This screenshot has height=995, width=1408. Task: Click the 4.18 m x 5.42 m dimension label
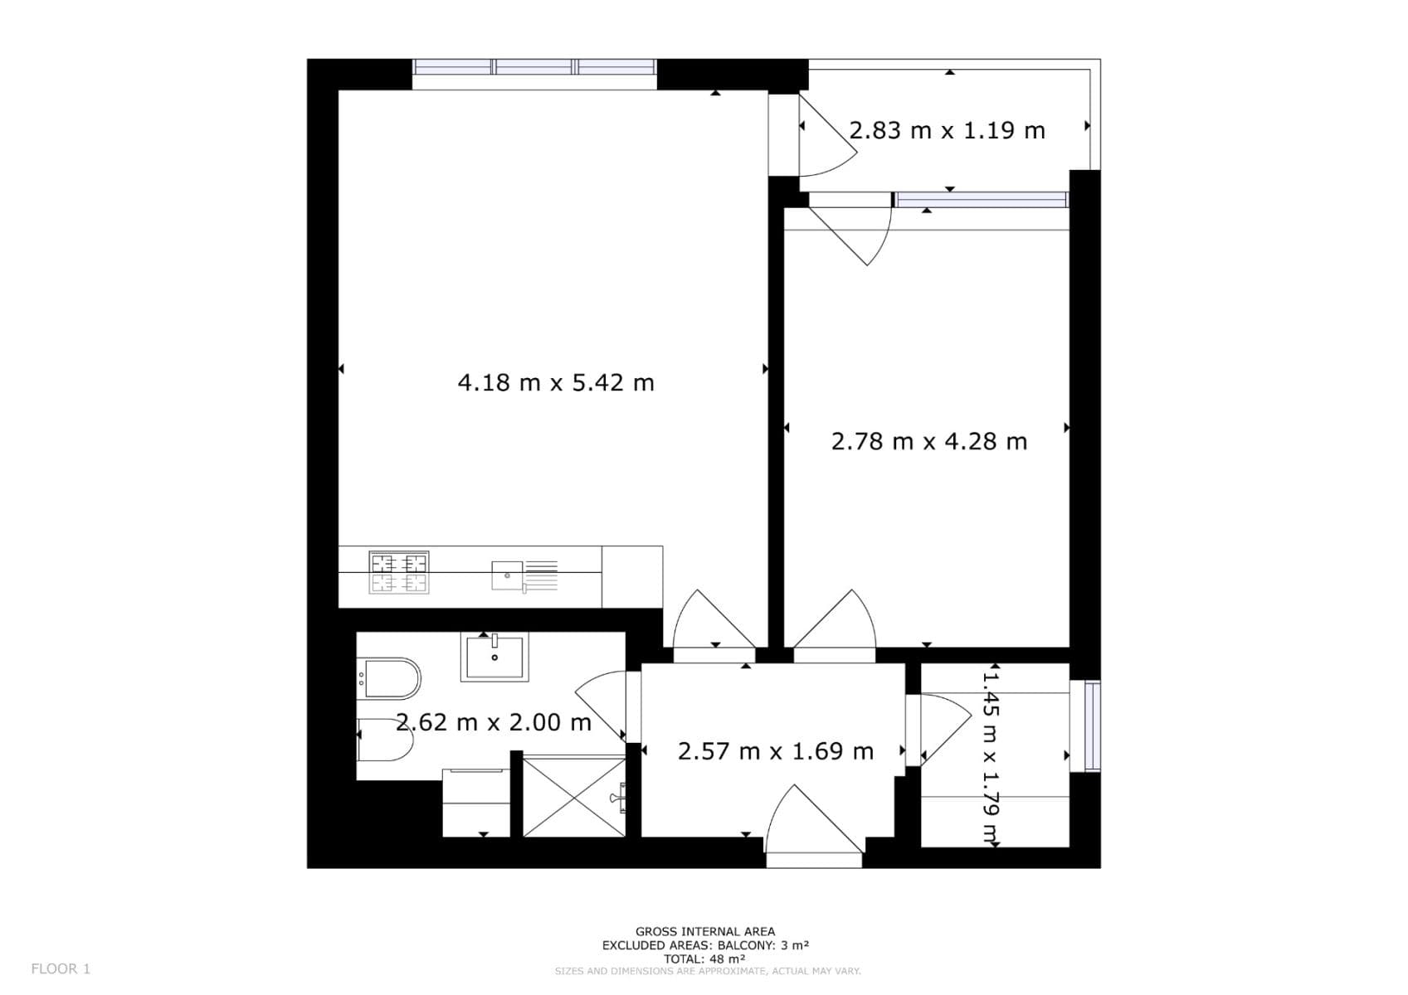(x=556, y=383)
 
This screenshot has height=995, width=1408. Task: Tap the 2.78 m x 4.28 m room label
(x=929, y=441)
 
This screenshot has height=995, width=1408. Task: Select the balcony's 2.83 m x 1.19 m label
(x=947, y=131)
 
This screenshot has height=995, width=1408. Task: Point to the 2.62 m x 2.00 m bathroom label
(x=494, y=722)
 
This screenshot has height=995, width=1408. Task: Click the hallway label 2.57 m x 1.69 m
(x=776, y=751)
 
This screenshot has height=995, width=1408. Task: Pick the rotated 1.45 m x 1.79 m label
(x=991, y=755)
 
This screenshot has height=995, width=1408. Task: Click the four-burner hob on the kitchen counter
(x=399, y=572)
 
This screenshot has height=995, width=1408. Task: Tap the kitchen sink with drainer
(x=523, y=575)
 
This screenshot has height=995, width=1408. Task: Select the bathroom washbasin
(x=495, y=657)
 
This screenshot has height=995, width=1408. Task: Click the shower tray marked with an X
(x=574, y=796)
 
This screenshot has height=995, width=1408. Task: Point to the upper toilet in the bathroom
(x=389, y=678)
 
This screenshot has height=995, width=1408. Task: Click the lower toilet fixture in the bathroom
(x=385, y=740)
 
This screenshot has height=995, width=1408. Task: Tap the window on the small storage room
(x=1092, y=726)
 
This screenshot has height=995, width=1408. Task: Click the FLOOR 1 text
(x=61, y=968)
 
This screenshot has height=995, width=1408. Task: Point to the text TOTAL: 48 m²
(x=704, y=959)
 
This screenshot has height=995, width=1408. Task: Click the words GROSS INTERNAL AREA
(x=704, y=932)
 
